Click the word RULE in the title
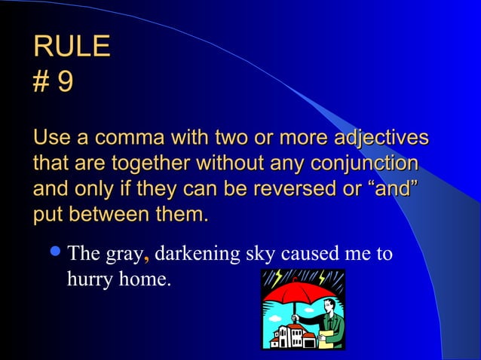click(x=72, y=47)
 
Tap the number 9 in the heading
click(x=66, y=81)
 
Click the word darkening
click(x=198, y=253)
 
